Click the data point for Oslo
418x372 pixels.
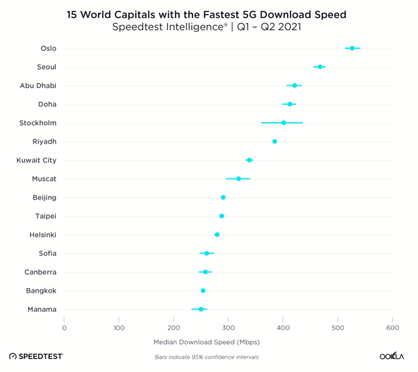(x=352, y=48)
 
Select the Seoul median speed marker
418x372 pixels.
(x=320, y=67)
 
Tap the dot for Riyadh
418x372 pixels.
(x=274, y=141)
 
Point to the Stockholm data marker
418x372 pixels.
(x=284, y=123)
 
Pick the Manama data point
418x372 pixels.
(x=201, y=309)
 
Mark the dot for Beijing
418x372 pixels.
(x=223, y=197)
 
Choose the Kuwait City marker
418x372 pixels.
(x=249, y=160)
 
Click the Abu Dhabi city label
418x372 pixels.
(x=38, y=86)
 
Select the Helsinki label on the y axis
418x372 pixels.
(x=43, y=235)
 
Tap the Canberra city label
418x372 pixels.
(x=40, y=272)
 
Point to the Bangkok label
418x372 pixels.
(x=41, y=291)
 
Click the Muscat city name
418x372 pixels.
(x=44, y=179)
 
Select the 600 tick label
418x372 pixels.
(x=392, y=328)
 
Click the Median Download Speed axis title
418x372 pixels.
(x=207, y=342)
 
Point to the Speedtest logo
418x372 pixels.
(x=36, y=357)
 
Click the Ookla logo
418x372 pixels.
(x=392, y=357)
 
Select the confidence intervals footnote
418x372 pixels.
(x=207, y=357)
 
